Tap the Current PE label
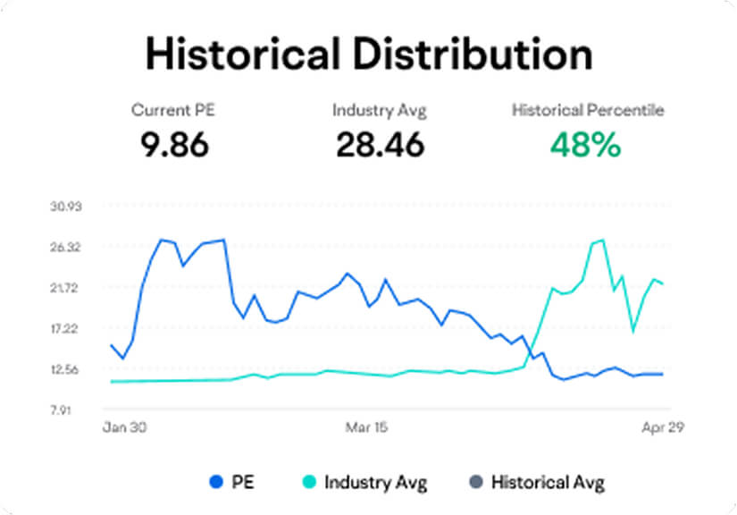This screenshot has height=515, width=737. click(173, 111)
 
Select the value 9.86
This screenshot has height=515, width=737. click(173, 143)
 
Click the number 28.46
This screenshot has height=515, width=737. click(380, 143)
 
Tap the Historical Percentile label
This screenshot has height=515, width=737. click(588, 111)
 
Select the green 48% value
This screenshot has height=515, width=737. click(585, 143)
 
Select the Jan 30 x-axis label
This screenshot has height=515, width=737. click(124, 427)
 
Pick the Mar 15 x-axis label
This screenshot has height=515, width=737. click(366, 427)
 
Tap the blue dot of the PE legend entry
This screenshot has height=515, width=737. click(214, 483)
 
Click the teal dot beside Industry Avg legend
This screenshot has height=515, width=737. click(309, 483)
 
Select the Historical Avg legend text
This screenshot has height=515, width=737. click(547, 483)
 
